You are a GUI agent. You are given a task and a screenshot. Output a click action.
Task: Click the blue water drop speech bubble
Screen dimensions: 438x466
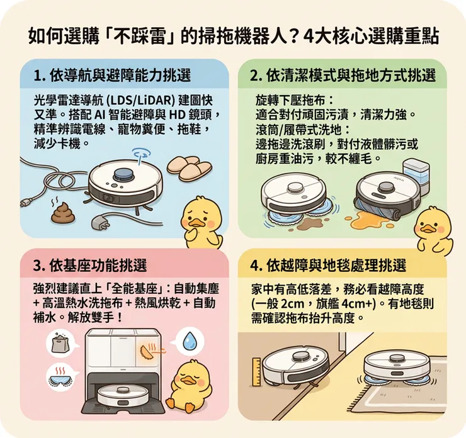[190, 342]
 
